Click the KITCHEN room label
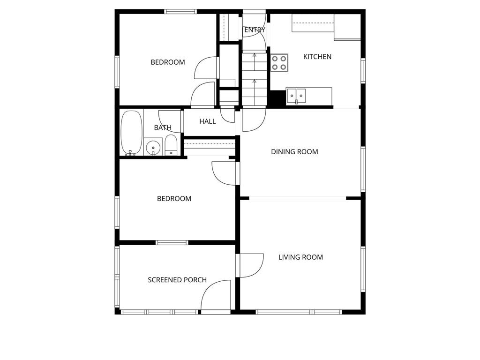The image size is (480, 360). click(317, 57)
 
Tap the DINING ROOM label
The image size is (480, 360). click(294, 152)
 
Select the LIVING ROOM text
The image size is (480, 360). click(300, 257)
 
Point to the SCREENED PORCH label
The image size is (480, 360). click(177, 280)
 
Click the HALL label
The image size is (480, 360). click(208, 121)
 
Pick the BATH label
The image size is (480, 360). click(163, 127)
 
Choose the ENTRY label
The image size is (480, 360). click(255, 30)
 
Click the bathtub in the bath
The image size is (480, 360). click(131, 132)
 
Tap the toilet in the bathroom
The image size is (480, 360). click(171, 145)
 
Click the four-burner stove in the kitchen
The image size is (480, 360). click(279, 63)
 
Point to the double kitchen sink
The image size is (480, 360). click(296, 96)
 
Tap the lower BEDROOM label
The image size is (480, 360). click(174, 199)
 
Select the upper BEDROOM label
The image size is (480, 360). click(167, 62)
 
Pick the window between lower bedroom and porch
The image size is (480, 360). click(172, 242)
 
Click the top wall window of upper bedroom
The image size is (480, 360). click(180, 11)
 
